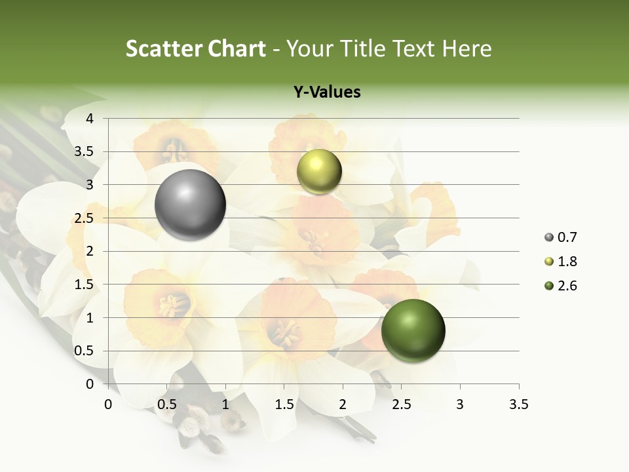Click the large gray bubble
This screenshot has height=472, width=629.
(191, 205)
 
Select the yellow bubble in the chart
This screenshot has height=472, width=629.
(319, 171)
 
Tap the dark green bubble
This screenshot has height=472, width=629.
(413, 330)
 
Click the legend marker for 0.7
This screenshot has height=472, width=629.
(548, 237)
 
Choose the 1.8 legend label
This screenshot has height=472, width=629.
(567, 262)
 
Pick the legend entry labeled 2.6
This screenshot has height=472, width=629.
(567, 286)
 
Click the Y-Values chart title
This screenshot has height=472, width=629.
(327, 92)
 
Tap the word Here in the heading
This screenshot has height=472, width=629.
(467, 49)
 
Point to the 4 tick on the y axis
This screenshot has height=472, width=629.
(90, 119)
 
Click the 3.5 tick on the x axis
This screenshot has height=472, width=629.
(519, 404)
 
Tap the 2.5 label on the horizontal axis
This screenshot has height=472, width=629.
(402, 404)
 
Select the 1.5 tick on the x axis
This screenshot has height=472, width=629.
(284, 404)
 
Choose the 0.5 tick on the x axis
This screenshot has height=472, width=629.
(167, 404)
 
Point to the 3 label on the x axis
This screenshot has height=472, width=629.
(460, 404)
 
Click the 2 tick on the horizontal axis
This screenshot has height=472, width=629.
(343, 404)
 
